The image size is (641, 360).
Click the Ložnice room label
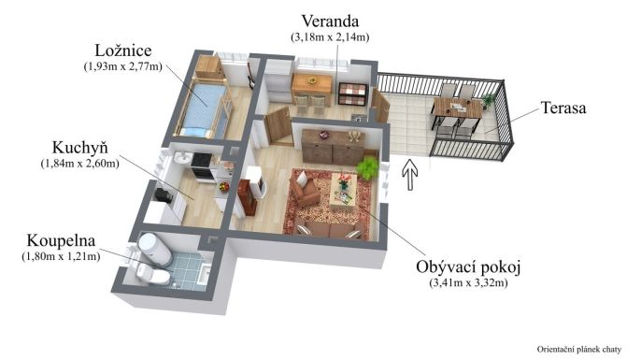tap(122, 50)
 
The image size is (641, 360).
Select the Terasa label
tap(563, 108)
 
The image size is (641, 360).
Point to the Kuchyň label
tap(79, 148)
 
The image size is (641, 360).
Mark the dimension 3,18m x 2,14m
tap(330, 36)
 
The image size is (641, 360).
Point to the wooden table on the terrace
tap(457, 108)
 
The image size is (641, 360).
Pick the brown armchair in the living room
tap(306, 191)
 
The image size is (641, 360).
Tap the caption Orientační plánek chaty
tap(579, 349)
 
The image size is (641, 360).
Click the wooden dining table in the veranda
tap(311, 85)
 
